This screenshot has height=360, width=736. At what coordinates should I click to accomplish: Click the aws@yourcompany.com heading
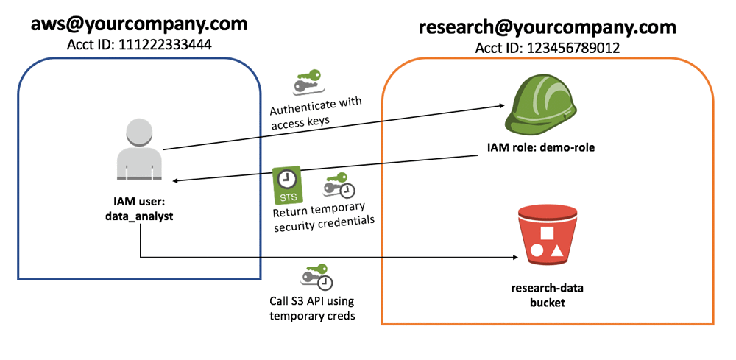(x=138, y=24)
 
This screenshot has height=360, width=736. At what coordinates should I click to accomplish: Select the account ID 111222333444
(x=138, y=46)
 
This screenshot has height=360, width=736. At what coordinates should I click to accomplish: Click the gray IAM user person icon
(x=138, y=151)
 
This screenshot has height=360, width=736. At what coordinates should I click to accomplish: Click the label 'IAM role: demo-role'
(x=540, y=147)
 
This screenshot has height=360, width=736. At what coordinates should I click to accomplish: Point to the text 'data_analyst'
(x=139, y=218)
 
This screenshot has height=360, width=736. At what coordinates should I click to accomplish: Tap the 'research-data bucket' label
(x=546, y=294)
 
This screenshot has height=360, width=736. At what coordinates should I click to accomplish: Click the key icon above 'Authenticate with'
(x=310, y=82)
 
